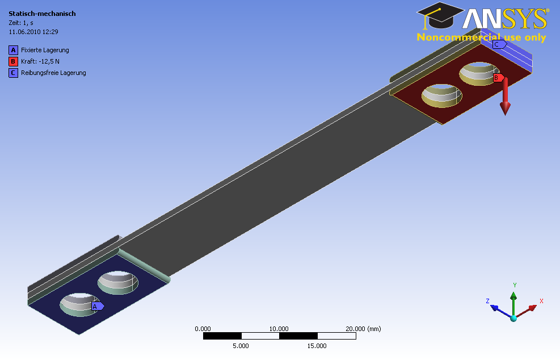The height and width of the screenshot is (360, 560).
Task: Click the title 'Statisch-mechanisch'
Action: click(42, 14)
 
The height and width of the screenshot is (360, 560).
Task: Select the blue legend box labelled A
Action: click(13, 50)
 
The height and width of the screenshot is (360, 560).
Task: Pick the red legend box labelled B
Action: click(13, 61)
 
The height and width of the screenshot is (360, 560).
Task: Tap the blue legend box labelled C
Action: click(13, 73)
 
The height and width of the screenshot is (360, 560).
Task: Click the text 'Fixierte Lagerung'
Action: click(45, 50)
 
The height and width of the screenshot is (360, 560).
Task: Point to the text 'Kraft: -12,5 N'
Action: click(40, 61)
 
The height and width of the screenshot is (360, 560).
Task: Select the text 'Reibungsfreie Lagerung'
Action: click(53, 73)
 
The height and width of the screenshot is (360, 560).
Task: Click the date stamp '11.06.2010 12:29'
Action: click(33, 32)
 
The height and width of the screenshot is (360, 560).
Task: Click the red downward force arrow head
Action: click(505, 108)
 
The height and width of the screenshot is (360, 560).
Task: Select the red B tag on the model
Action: click(499, 78)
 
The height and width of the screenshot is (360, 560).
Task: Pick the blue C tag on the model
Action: click(499, 45)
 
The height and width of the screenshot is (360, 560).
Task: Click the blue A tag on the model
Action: click(98, 307)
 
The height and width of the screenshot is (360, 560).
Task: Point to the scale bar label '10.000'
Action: click(279, 329)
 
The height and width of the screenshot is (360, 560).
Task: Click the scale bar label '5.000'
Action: click(241, 346)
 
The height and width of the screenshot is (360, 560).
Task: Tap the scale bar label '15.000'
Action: click(317, 346)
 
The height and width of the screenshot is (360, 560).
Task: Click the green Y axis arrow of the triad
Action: click(513, 304)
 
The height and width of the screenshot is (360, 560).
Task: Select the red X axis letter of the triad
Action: click(541, 301)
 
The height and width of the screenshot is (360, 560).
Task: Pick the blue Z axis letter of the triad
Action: click(487, 301)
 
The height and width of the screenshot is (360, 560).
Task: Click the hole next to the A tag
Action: click(79, 304)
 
